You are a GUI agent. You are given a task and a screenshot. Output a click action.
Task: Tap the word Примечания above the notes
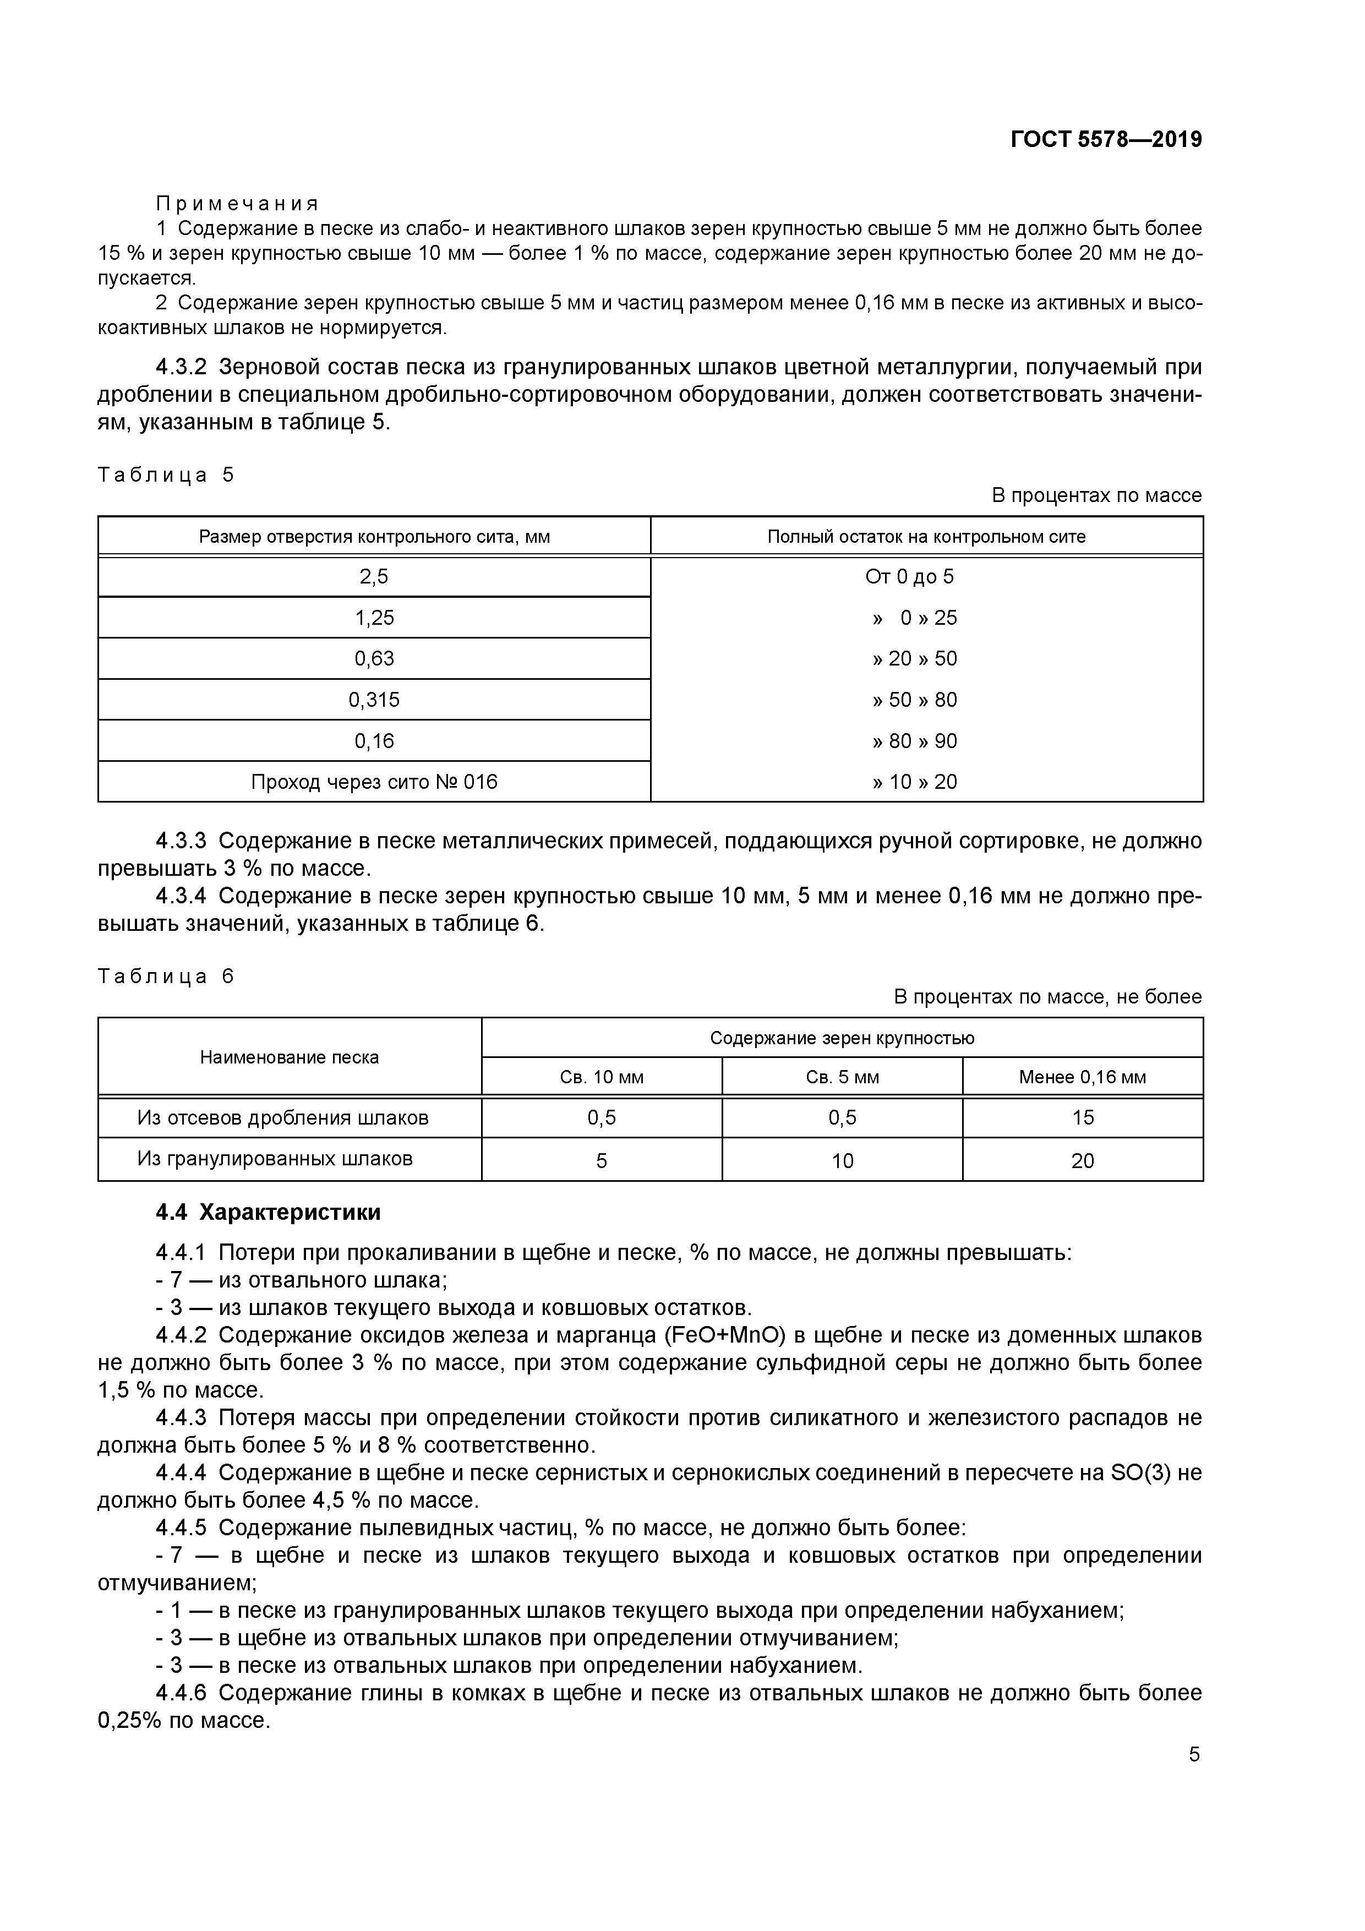coord(237,204)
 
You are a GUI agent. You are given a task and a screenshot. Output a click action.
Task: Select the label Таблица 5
coord(166,475)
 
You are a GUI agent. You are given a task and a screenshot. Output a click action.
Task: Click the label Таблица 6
coord(166,977)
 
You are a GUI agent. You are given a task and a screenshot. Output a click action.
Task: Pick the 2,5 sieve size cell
coord(374,577)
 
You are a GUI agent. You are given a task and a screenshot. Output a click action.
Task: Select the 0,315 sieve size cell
coord(374,700)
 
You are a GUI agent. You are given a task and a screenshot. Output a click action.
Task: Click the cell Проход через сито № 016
coord(374,782)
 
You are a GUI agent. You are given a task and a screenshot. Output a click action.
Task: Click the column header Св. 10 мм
coord(602,1077)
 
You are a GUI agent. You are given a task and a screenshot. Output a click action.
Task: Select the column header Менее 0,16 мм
coord(1083,1077)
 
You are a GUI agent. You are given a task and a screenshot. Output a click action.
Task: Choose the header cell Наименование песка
coord(290,1057)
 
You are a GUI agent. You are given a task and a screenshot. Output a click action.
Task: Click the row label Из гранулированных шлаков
coord(275,1159)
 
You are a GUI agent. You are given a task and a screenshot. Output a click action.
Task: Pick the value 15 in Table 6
coord(1083,1118)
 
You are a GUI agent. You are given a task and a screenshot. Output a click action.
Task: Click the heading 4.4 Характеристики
coord(268,1213)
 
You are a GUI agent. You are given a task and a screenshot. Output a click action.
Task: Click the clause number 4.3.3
coord(181,841)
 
